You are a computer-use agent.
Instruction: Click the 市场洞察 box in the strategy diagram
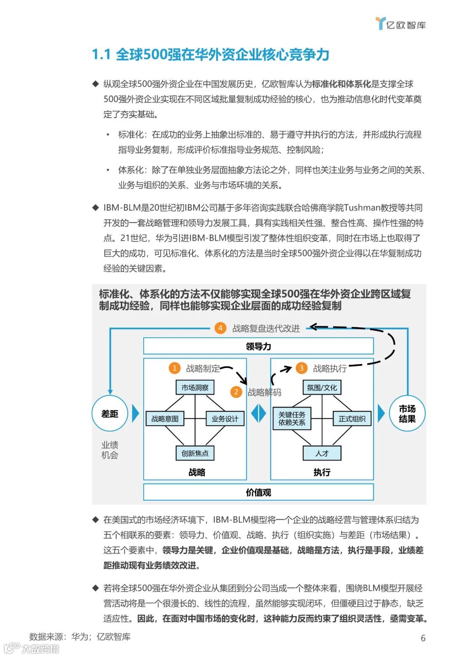click(x=195, y=388)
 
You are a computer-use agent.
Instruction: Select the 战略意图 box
click(x=165, y=418)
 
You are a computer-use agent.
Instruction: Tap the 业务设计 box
click(x=225, y=418)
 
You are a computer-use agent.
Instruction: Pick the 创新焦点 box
click(x=195, y=453)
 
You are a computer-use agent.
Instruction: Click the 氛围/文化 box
click(x=322, y=388)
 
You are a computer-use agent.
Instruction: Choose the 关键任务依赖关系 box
click(x=292, y=418)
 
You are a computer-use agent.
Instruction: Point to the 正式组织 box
click(x=352, y=418)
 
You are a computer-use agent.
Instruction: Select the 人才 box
click(x=322, y=453)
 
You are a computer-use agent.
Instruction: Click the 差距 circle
click(x=110, y=414)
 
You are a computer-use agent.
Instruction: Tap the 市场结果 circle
click(x=407, y=414)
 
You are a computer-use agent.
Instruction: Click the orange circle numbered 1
click(x=174, y=368)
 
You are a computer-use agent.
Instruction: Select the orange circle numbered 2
click(x=236, y=392)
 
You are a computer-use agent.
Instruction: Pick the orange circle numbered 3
click(x=301, y=368)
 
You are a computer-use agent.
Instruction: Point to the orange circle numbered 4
click(x=220, y=328)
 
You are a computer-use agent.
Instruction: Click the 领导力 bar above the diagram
click(x=258, y=346)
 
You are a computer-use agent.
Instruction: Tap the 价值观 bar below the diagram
click(x=258, y=492)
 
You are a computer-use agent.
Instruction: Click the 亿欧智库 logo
click(x=401, y=24)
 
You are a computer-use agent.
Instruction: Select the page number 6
click(x=423, y=638)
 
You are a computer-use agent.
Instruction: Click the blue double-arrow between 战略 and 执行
click(x=258, y=414)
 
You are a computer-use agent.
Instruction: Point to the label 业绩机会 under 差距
click(x=110, y=450)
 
